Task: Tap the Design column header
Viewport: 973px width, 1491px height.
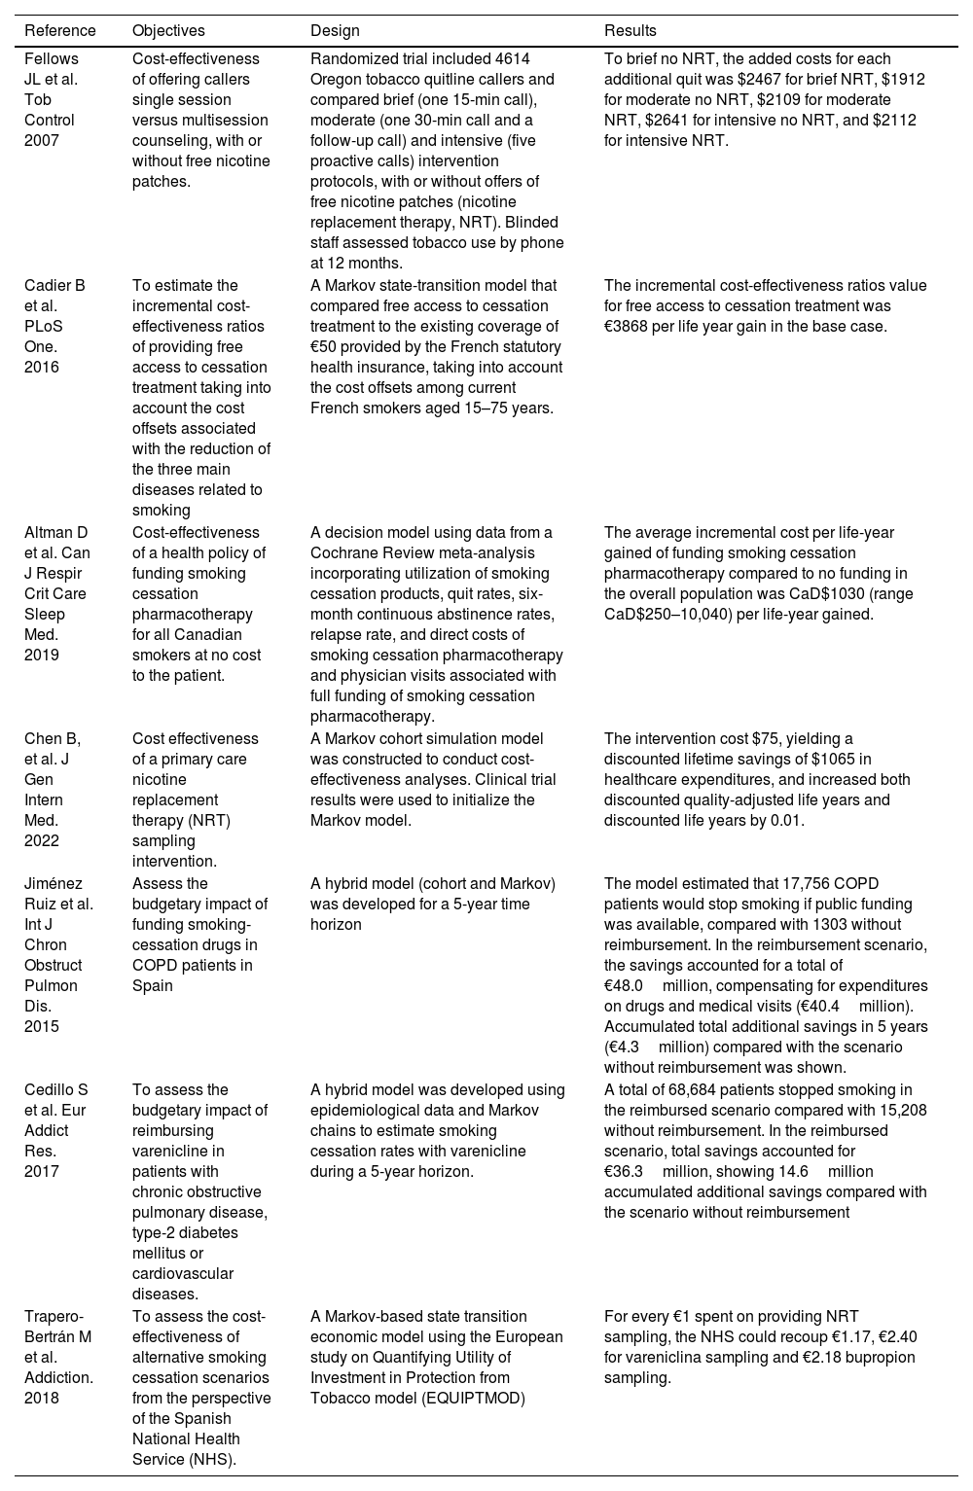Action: click(334, 30)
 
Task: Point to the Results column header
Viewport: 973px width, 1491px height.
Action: click(630, 30)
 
